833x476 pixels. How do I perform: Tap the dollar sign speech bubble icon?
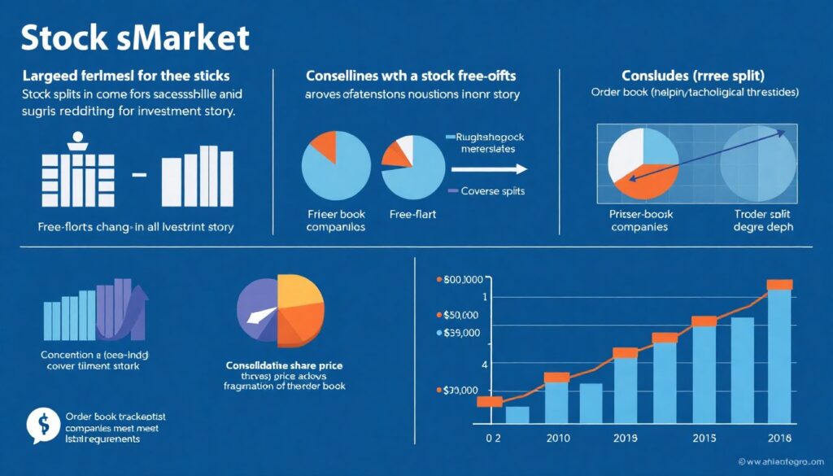tap(38, 424)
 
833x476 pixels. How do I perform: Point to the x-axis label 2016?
tap(779, 439)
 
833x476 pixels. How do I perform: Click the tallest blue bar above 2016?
tap(779, 358)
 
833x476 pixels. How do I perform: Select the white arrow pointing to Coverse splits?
tap(489, 169)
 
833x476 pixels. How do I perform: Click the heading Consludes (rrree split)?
tap(693, 75)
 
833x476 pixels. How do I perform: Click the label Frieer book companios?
tap(335, 221)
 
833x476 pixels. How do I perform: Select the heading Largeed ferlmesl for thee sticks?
tap(127, 76)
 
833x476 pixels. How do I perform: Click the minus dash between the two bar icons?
tap(137, 175)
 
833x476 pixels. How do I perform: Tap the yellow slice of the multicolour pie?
tap(299, 292)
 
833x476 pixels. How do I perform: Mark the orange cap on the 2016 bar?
tap(779, 284)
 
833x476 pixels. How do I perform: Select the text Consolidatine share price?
tap(284, 365)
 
